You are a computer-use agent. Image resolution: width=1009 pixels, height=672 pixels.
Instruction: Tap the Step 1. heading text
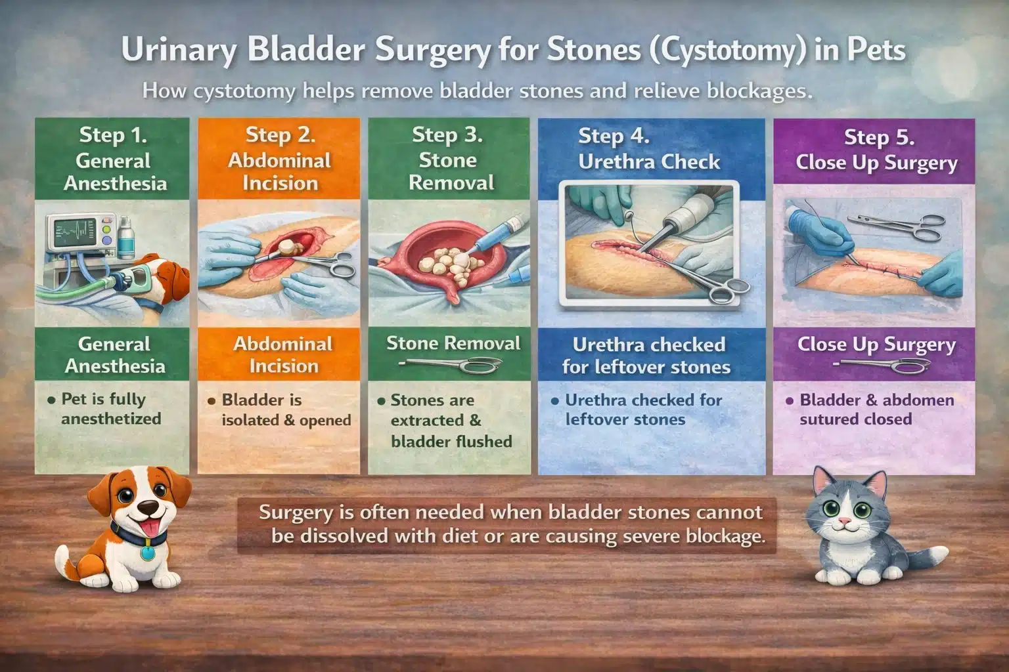click(113, 135)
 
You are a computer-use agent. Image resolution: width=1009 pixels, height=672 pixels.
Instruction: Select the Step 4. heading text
click(614, 136)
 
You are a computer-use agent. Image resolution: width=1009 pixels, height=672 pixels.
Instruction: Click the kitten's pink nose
click(844, 523)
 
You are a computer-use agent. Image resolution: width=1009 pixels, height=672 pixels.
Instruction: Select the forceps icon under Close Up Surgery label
click(880, 365)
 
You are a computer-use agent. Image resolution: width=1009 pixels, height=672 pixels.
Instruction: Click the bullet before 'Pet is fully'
click(51, 400)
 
